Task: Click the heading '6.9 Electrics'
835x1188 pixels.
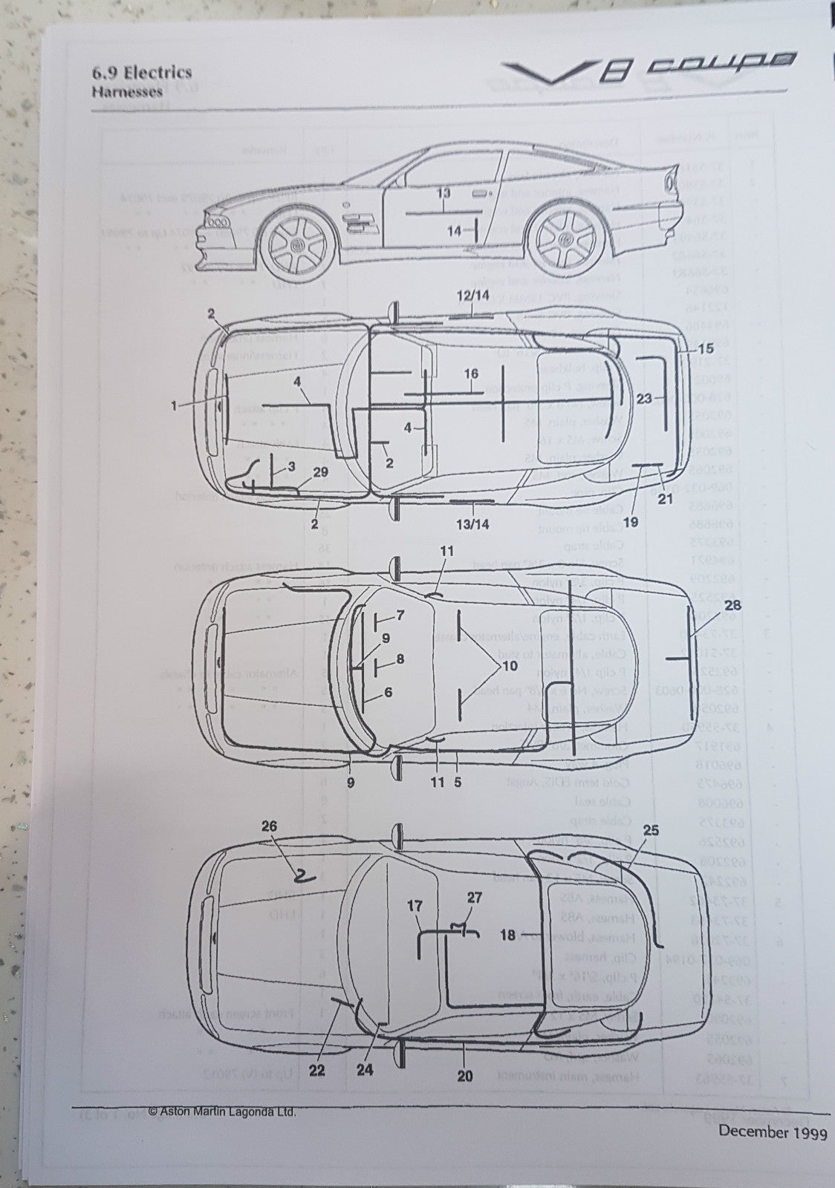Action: pyautogui.click(x=141, y=72)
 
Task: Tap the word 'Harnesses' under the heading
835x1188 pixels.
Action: pyautogui.click(x=127, y=93)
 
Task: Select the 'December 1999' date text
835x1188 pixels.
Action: pyautogui.click(x=772, y=1132)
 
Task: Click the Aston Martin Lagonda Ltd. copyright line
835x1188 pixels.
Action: pyautogui.click(x=222, y=1112)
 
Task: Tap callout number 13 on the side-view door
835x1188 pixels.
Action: pyautogui.click(x=444, y=193)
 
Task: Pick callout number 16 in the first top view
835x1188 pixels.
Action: pyautogui.click(x=472, y=374)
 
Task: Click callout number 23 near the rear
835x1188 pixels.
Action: pyautogui.click(x=644, y=398)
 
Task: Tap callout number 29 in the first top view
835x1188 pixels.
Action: pyautogui.click(x=321, y=471)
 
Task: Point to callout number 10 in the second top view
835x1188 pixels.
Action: pyautogui.click(x=510, y=666)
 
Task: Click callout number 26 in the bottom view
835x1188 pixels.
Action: pyautogui.click(x=269, y=826)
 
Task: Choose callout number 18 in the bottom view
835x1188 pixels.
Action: pyautogui.click(x=507, y=935)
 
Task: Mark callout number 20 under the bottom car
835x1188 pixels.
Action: pyautogui.click(x=465, y=1076)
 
